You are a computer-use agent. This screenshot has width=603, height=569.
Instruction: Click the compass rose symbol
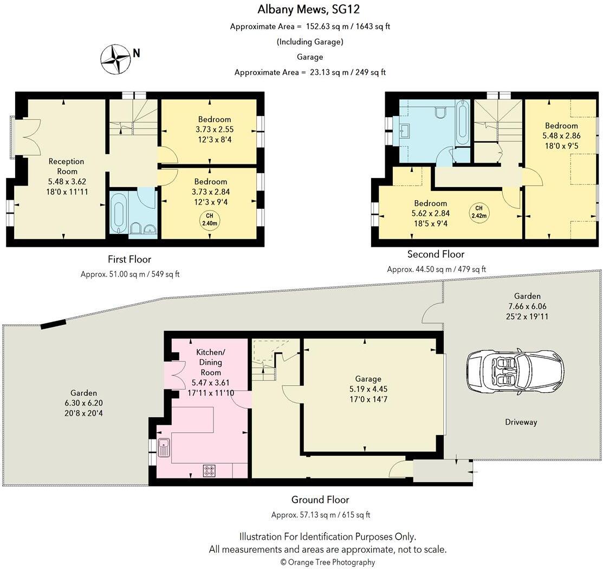coord(116,59)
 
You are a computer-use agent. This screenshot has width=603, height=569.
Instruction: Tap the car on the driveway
coord(515,371)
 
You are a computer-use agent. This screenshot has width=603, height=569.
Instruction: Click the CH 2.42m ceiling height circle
coord(478,212)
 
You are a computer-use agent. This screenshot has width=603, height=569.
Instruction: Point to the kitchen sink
coord(164,448)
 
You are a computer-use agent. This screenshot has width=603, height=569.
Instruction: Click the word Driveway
coord(521,422)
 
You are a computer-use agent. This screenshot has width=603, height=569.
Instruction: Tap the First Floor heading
coord(129,259)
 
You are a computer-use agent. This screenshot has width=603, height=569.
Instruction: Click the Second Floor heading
coord(436,254)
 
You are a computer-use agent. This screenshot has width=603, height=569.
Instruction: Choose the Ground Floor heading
coord(320,500)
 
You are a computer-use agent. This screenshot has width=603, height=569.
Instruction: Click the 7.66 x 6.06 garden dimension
coord(527,306)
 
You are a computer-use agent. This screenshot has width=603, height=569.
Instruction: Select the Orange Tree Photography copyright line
coord(327,562)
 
